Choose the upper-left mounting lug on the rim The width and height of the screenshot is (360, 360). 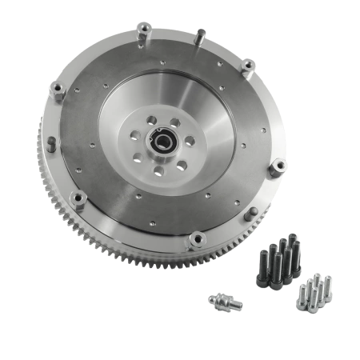click(58, 90)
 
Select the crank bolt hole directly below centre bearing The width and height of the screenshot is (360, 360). click(158, 169)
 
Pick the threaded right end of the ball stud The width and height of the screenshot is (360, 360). click(240, 304)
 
